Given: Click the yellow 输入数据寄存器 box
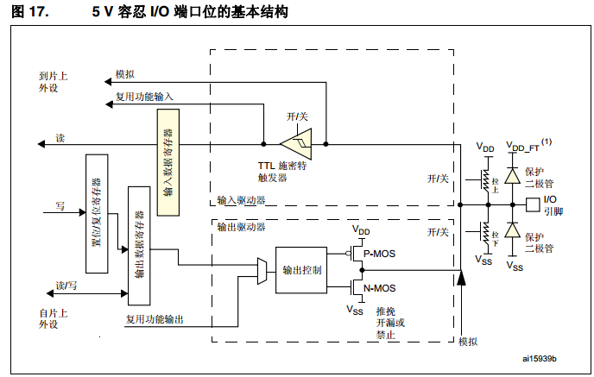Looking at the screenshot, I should point(167,161).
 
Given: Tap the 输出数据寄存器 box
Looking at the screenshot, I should point(138,244).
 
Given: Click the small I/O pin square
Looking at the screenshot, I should point(531,205).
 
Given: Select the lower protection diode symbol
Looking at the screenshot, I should point(512,232).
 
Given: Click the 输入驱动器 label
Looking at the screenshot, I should point(242,200).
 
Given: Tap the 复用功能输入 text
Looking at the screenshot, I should point(144,97).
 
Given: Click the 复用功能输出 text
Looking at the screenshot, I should point(155,319).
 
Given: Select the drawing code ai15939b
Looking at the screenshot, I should point(540,358).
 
